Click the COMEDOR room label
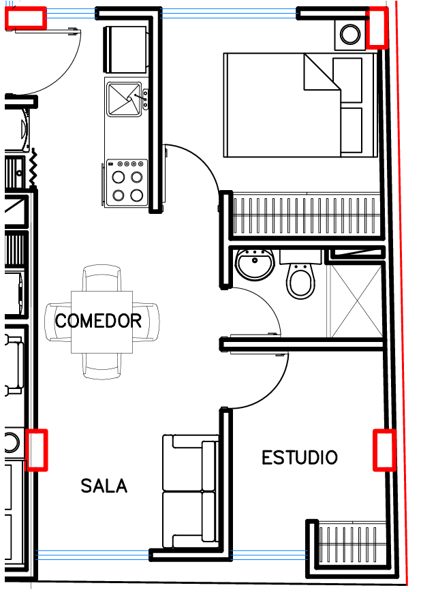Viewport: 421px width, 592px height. [98, 321]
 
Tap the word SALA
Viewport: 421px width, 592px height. [104, 486]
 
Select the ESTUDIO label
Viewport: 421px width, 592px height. [300, 458]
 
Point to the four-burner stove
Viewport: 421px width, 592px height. [127, 183]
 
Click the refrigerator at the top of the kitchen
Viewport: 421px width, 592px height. [125, 50]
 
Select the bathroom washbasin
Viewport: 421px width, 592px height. [255, 264]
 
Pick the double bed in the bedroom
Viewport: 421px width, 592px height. [300, 105]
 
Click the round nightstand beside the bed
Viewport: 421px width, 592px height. [350, 34]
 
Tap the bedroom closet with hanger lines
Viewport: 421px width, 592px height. [307, 214]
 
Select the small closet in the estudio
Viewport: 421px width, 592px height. [350, 544]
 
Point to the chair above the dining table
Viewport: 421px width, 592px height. [102, 278]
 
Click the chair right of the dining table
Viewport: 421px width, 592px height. [146, 322]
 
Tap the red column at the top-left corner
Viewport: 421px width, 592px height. [26, 18]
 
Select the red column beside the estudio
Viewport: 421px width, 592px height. [384, 450]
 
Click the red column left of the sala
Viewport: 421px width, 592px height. [36, 450]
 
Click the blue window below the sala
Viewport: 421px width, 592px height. [93, 555]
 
